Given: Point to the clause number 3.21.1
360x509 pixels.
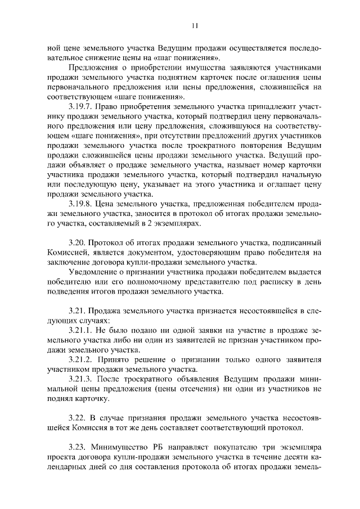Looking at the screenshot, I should point(81,330).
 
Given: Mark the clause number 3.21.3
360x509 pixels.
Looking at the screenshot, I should point(81,379).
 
